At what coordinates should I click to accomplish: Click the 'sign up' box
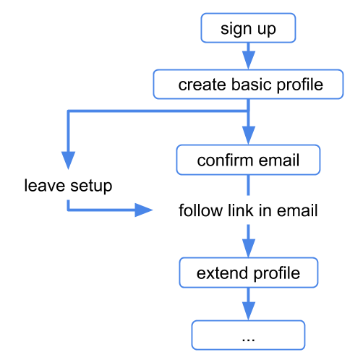point(248,28)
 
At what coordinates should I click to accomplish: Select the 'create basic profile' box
point(248,85)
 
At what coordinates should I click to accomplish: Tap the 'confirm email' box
point(248,160)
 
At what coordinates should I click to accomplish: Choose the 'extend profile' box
point(249,273)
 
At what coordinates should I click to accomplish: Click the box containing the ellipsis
point(248,335)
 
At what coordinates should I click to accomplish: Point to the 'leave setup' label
point(68,186)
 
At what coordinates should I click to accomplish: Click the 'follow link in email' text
point(248,210)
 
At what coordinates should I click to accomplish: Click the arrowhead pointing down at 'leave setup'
point(68,160)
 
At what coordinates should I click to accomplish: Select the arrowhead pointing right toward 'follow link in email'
point(144,210)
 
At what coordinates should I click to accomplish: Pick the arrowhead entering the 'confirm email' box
point(249,135)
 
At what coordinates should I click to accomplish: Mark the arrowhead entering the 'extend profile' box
point(249,248)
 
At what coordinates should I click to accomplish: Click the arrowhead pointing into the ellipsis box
point(249,311)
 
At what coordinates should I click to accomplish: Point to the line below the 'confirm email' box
point(248,185)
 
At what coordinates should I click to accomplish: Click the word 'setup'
point(91,187)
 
